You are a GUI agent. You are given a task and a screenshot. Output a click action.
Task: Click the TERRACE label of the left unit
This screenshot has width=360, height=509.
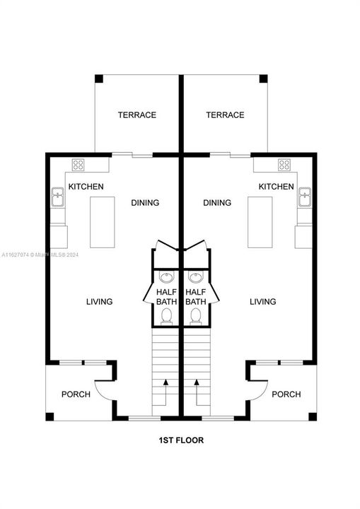(137, 115)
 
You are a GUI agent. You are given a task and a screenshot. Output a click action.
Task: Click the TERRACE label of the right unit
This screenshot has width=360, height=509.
(225, 115)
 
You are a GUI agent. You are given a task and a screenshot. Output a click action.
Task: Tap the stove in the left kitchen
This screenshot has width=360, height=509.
(79, 165)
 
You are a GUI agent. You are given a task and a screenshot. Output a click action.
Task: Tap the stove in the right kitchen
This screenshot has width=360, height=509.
(284, 165)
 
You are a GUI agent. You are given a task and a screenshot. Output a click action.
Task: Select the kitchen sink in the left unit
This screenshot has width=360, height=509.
(58, 196)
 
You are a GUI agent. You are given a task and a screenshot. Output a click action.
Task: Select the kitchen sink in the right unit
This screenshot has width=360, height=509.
(305, 196)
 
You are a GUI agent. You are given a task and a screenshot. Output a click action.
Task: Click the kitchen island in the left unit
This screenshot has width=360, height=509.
(102, 221)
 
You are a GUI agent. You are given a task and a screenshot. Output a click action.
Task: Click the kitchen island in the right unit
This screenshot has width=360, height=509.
(260, 221)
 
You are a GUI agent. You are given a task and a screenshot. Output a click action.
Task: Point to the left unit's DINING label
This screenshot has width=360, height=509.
(145, 203)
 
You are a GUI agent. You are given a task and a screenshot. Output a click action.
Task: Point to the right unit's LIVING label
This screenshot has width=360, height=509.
(262, 302)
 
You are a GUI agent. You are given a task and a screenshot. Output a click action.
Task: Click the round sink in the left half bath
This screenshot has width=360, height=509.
(166, 276)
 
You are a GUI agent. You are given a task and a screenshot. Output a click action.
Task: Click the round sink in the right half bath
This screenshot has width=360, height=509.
(195, 276)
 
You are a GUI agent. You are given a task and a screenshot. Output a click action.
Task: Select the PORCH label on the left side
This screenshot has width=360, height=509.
(76, 394)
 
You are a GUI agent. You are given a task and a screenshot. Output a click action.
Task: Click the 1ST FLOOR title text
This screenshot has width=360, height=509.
(180, 440)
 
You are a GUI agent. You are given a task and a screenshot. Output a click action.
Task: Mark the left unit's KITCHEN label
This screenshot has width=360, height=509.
(86, 187)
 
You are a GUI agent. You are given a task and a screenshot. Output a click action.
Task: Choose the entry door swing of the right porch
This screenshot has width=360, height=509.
(260, 387)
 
